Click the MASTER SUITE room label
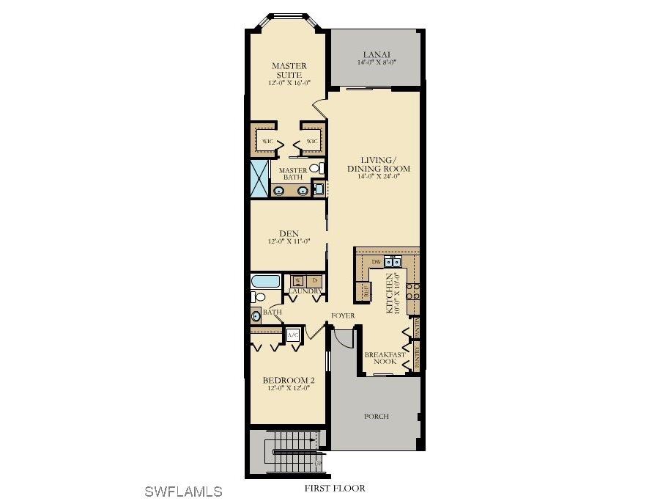(289, 70)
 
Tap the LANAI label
(377, 54)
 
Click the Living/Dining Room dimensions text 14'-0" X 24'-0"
(378, 177)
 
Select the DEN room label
(289, 233)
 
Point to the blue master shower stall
(260, 178)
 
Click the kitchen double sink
(393, 261)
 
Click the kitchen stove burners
(412, 288)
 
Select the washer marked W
(298, 281)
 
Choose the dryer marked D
(314, 281)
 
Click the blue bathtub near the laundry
(265, 281)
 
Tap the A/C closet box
(293, 335)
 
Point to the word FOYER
(343, 315)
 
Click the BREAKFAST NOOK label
(385, 358)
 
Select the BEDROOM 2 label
(289, 380)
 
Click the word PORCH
(377, 416)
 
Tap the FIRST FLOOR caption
(335, 488)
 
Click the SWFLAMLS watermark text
(182, 491)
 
